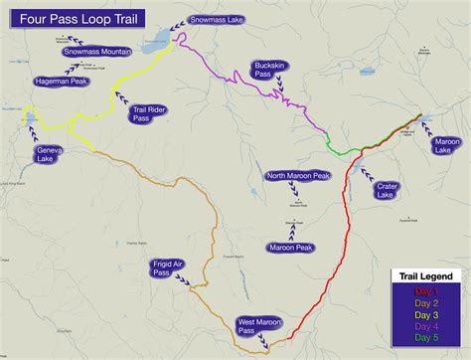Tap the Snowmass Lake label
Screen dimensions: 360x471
220,19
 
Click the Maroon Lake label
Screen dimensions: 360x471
446,146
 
